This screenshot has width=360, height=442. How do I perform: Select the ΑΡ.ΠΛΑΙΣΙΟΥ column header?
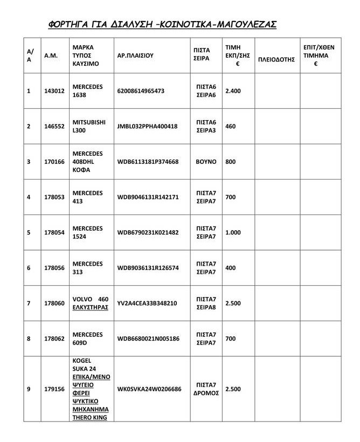[x=135, y=56]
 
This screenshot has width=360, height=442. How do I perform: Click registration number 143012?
[x=54, y=91]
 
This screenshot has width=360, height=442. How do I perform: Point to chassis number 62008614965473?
[x=141, y=91]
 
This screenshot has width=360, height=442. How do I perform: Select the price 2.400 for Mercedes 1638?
[x=233, y=91]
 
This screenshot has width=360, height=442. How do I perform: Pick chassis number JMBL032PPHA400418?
[x=147, y=126]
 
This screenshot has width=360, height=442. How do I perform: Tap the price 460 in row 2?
[x=231, y=126]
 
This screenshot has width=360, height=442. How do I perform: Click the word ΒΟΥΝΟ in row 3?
[x=205, y=161]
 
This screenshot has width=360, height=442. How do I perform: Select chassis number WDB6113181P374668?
[x=148, y=161]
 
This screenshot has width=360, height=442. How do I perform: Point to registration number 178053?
[x=54, y=197]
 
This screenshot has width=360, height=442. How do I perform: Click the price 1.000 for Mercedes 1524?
[x=233, y=232]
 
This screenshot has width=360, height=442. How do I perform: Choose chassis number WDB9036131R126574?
[x=148, y=268]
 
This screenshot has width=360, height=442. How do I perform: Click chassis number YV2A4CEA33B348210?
[x=147, y=303]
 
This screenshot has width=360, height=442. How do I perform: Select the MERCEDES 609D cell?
[x=87, y=339]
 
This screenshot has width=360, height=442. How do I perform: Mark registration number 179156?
[x=54, y=389]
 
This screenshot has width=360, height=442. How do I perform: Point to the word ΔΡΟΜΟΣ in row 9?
[x=206, y=393]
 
